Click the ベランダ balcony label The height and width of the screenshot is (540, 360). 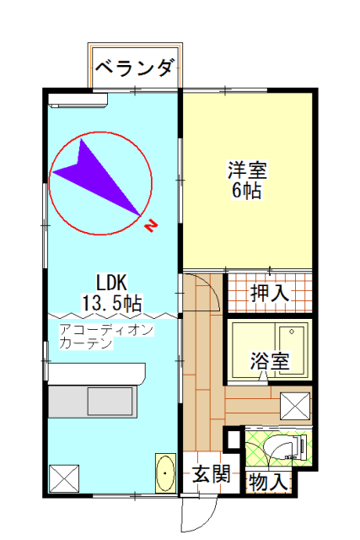click(x=133, y=67)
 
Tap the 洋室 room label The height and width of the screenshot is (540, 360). click(x=247, y=170)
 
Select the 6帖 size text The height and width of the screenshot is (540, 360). click(x=247, y=190)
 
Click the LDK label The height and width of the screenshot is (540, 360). click(x=111, y=283)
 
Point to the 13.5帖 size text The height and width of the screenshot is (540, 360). click(x=111, y=303)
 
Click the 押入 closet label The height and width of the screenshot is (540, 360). click(x=270, y=294)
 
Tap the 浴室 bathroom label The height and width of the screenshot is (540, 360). click(x=270, y=360)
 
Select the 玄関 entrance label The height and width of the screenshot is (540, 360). click(x=211, y=474)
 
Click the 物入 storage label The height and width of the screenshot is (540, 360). click(x=268, y=482)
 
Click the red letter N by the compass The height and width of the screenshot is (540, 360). click(x=151, y=226)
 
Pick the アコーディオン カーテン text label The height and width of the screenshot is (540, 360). click(x=106, y=336)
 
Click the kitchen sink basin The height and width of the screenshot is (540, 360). click(x=110, y=402)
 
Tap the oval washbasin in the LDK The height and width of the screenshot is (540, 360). click(x=165, y=472)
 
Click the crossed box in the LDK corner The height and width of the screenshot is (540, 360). click(x=64, y=478)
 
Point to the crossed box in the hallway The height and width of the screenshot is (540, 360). click(x=295, y=407)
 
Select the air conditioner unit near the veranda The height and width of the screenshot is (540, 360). click(x=78, y=100)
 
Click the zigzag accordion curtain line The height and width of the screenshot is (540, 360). click(x=112, y=316)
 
